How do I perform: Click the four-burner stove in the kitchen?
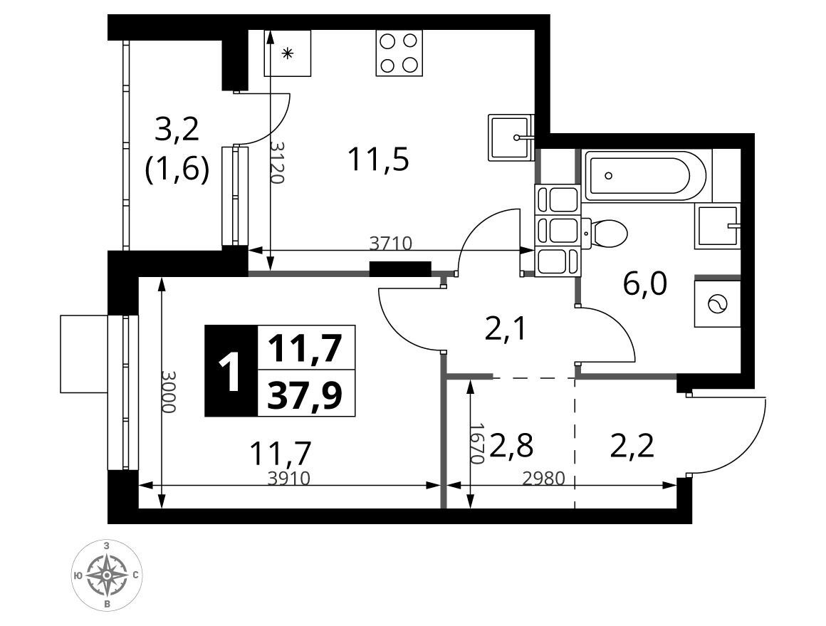coord(399,53)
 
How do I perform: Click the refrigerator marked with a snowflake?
coord(287,53)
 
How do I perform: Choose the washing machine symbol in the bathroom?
coord(717,304)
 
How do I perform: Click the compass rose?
coord(108,575)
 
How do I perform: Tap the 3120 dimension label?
coord(278,162)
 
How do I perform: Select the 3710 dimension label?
coord(390,243)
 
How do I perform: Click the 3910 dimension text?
coord(288,478)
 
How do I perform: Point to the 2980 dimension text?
coord(543,478)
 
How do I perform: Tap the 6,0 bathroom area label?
coord(645,284)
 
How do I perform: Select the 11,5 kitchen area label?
coord(379,160)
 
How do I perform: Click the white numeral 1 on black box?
coord(230,372)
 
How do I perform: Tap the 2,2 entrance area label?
coord(632,446)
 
